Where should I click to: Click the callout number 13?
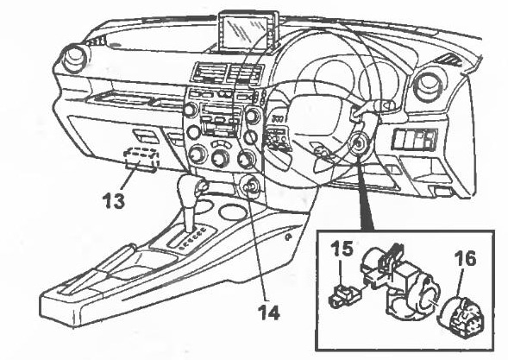pyautogui.click(x=114, y=201)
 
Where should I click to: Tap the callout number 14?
pyautogui.click(x=268, y=313)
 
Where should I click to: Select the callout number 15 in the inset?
pyautogui.click(x=342, y=249)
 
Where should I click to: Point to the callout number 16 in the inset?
pyautogui.click(x=465, y=258)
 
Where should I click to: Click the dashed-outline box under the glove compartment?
pyautogui.click(x=141, y=158)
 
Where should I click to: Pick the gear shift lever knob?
pyautogui.click(x=187, y=191)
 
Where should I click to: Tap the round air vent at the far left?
pyautogui.click(x=75, y=59)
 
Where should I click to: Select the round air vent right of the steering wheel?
pyautogui.click(x=427, y=86)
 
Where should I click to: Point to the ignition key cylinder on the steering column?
pyautogui.click(x=358, y=143)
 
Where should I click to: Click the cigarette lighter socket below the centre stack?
pyautogui.click(x=248, y=187)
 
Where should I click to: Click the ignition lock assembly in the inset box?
pyautogui.click(x=398, y=285)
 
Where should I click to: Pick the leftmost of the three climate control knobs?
pyautogui.click(x=197, y=155)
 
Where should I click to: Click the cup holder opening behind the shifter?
pyautogui.click(x=233, y=212)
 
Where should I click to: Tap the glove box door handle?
pyautogui.click(x=146, y=136)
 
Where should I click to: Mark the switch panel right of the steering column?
pyautogui.click(x=415, y=139)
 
